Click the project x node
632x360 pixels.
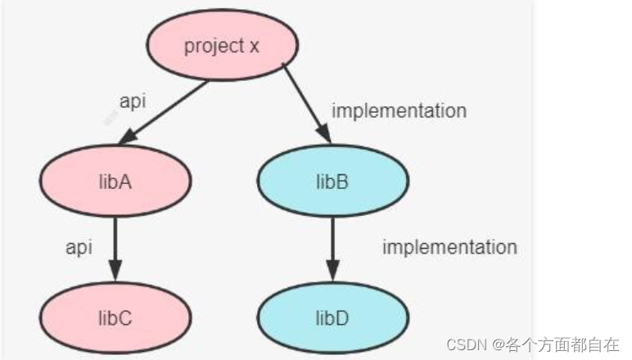[221, 46]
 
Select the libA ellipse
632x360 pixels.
[115, 181]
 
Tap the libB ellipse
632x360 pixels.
[332, 181]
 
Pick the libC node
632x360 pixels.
[115, 317]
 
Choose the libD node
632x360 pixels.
[332, 317]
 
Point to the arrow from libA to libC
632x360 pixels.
[115, 245]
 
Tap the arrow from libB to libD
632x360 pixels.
[332, 245]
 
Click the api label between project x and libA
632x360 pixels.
[133, 101]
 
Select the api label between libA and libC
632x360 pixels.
[79, 246]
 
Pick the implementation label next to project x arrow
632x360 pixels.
[399, 110]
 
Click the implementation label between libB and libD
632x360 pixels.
[449, 246]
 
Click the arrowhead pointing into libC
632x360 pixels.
[115, 270]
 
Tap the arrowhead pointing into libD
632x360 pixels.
[332, 270]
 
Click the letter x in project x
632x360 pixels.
[254, 46]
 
